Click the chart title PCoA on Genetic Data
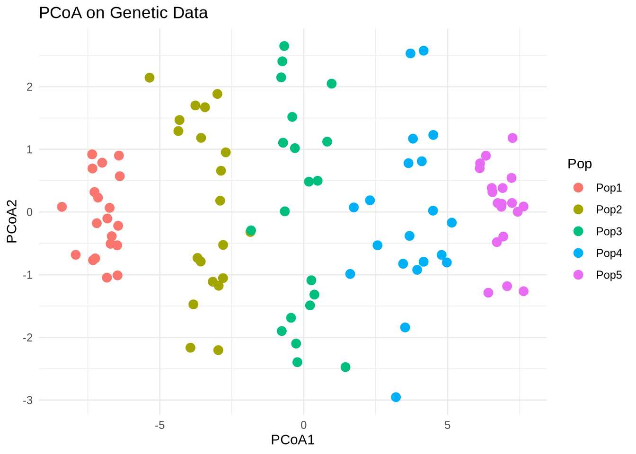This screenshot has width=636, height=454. pyautogui.click(x=124, y=13)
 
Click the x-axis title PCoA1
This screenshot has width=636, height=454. pyautogui.click(x=292, y=440)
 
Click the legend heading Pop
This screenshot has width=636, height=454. pyautogui.click(x=580, y=164)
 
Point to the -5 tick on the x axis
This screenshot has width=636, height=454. pyautogui.click(x=159, y=425)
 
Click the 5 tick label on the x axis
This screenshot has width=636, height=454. pyautogui.click(x=447, y=425)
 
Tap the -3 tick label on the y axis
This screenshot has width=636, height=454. pyautogui.click(x=27, y=400)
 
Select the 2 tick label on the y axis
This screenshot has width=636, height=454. pyautogui.click(x=29, y=87)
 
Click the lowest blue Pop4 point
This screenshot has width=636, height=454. pyautogui.click(x=396, y=397)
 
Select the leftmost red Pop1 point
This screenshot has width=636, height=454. pyautogui.click(x=62, y=207)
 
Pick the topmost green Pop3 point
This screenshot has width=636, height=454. pyautogui.click(x=284, y=46)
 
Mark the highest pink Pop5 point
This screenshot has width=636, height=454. pyautogui.click(x=512, y=138)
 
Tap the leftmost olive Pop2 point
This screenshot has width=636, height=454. pyautogui.click(x=150, y=78)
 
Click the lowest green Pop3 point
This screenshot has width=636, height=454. pyautogui.click(x=345, y=367)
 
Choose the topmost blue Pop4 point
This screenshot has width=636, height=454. pyautogui.click(x=424, y=51)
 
